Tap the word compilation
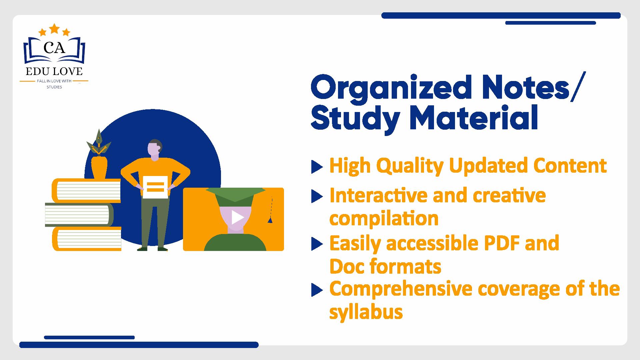pyautogui.click(x=384, y=219)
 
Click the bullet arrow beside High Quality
pyautogui.click(x=317, y=167)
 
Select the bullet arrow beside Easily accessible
pyautogui.click(x=317, y=244)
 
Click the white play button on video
pyautogui.click(x=237, y=217)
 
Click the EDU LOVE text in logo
pyautogui.click(x=54, y=71)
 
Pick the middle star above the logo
pyautogui.click(x=54, y=29)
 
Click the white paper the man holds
pyautogui.click(x=155, y=187)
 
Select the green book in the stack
pyautogui.click(x=79, y=215)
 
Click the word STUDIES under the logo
pyautogui.click(x=54, y=87)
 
